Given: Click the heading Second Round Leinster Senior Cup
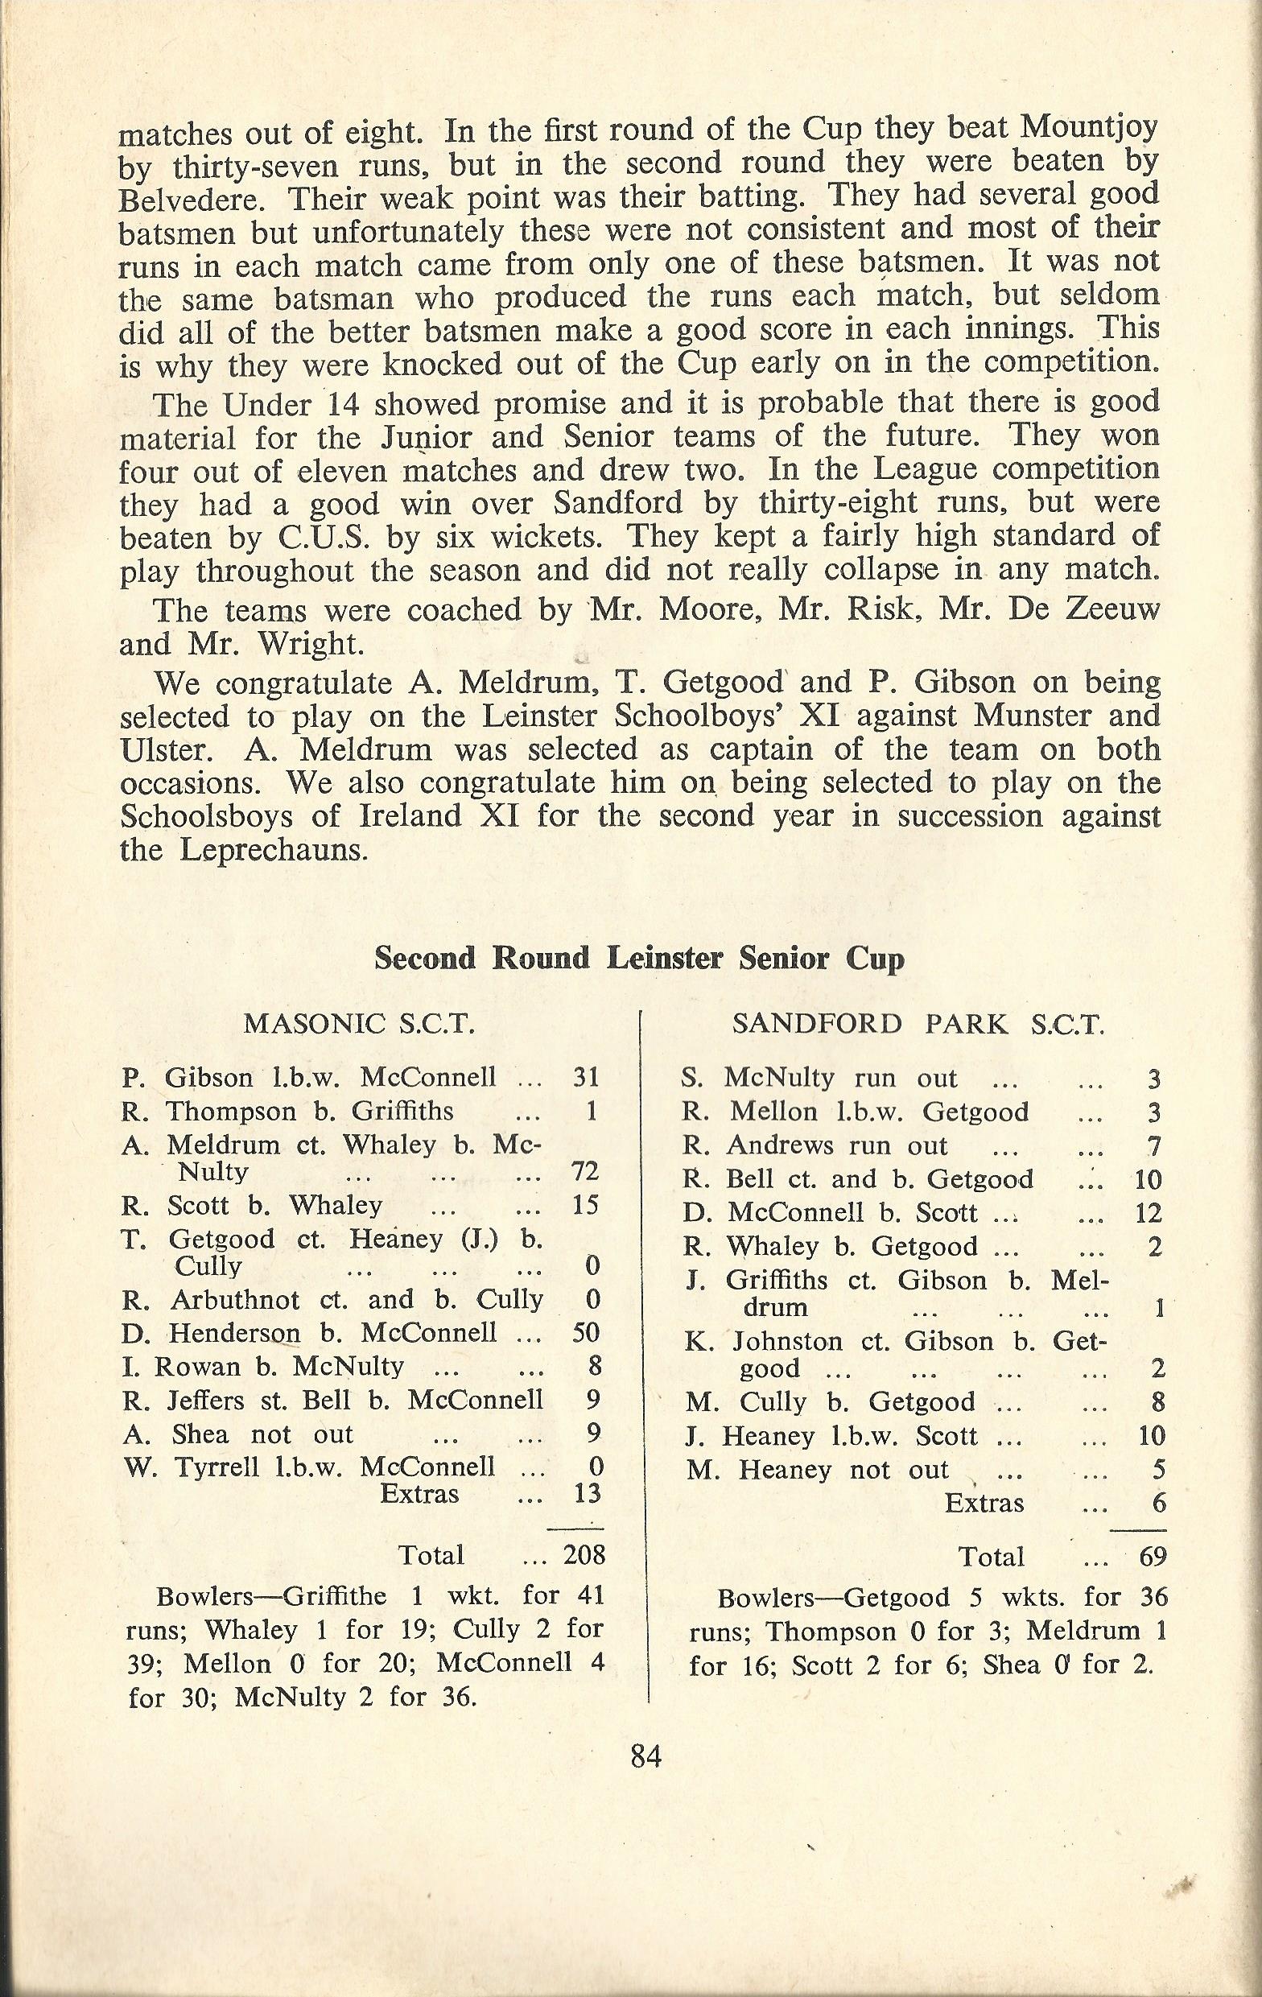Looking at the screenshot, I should click(639, 959).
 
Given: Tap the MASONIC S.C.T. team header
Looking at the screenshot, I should click(359, 1024).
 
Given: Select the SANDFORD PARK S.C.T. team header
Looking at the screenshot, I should click(918, 1024).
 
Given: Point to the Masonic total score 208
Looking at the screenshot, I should click(584, 1554).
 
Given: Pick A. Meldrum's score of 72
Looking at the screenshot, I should click(585, 1171).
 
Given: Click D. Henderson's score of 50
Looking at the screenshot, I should click(585, 1332).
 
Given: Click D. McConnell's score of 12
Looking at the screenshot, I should click(1149, 1213).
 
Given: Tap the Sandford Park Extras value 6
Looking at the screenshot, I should click(1158, 1503).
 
